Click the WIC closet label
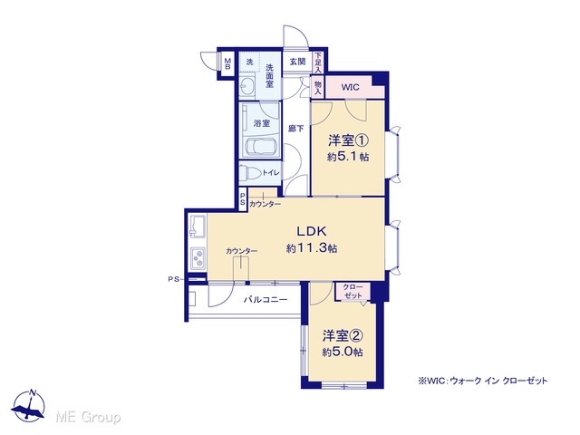click(350, 87)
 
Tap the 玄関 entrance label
click(297, 62)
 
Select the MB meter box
click(227, 63)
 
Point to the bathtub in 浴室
click(262, 147)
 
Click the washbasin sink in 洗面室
click(247, 87)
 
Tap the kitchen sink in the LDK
click(198, 227)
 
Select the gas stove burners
click(198, 258)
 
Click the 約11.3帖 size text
click(312, 248)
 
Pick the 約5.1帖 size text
click(348, 157)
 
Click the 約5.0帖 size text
click(343, 353)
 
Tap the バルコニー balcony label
click(266, 300)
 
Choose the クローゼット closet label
click(353, 292)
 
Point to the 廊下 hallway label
click(296, 129)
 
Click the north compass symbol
click(29, 406)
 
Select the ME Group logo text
click(88, 417)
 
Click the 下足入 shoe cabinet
click(318, 63)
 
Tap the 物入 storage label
click(318, 87)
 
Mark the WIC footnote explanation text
click(482, 381)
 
